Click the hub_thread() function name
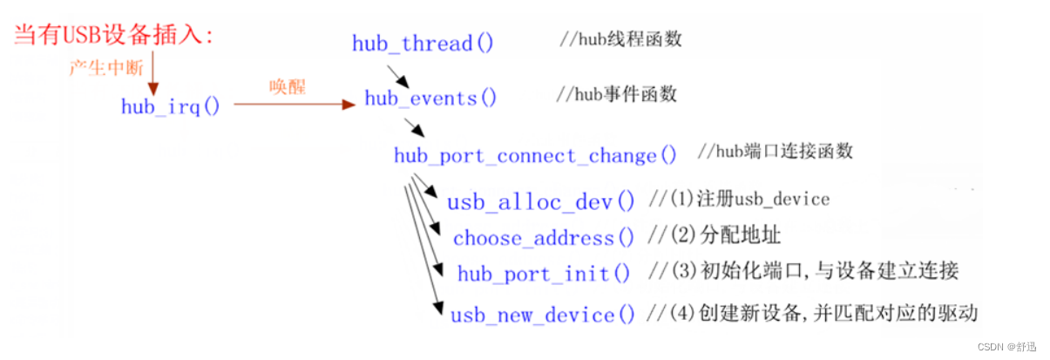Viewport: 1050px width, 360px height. (423, 43)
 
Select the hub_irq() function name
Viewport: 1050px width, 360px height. (171, 106)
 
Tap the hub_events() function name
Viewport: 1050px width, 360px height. (430, 98)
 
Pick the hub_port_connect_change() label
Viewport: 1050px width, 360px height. (535, 156)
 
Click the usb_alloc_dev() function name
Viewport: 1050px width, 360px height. (541, 202)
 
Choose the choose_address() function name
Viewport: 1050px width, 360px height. (544, 237)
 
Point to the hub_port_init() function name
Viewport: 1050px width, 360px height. (544, 274)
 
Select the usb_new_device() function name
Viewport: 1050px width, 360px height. (543, 315)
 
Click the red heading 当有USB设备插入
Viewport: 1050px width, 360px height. (113, 36)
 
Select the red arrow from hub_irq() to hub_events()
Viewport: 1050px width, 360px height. (295, 105)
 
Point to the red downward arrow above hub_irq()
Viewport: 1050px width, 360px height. (153, 73)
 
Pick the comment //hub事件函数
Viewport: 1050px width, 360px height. (616, 94)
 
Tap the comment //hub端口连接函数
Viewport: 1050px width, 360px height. (775, 151)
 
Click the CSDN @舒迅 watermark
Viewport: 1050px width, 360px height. (1011, 345)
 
